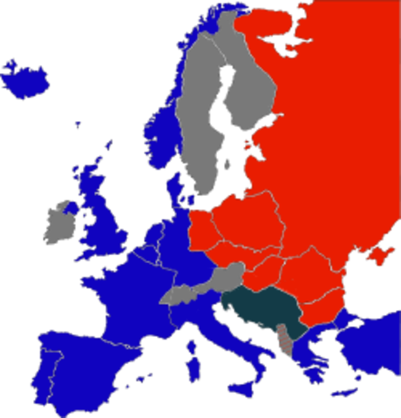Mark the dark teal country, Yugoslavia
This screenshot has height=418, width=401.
pyautogui.click(x=262, y=309)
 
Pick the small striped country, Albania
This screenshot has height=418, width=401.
pyautogui.click(x=285, y=340)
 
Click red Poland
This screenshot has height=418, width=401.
pyautogui.click(x=248, y=222)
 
